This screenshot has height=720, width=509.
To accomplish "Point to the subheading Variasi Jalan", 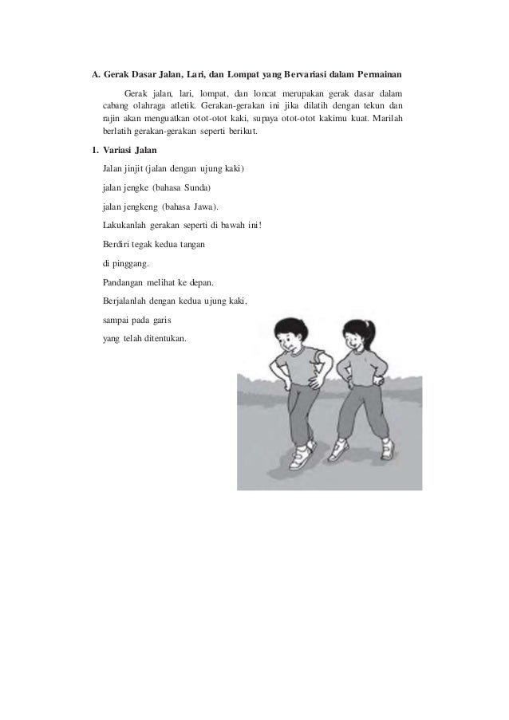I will pos(131,151).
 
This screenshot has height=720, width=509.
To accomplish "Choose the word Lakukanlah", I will pos(126,226).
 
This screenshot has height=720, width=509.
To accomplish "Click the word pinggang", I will pos(130,263).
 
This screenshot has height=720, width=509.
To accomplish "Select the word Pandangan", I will pos(126,282).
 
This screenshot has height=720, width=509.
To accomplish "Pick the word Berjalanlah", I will pos(131,301).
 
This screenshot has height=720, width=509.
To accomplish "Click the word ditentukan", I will pos(164,339).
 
